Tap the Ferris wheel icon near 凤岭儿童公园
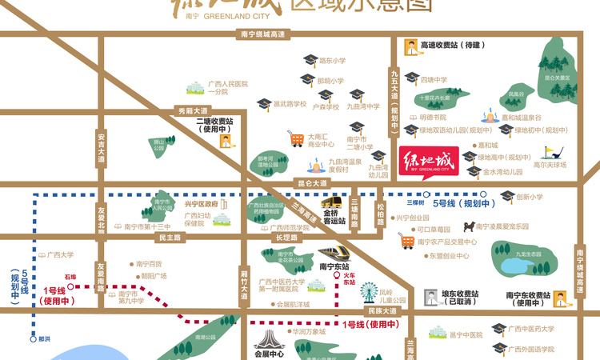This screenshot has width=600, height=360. click(x=368, y=291)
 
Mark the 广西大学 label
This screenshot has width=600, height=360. click(x=60, y=255)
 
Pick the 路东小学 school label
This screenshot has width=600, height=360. click(x=332, y=61)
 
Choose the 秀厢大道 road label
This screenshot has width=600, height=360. click(x=192, y=111)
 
